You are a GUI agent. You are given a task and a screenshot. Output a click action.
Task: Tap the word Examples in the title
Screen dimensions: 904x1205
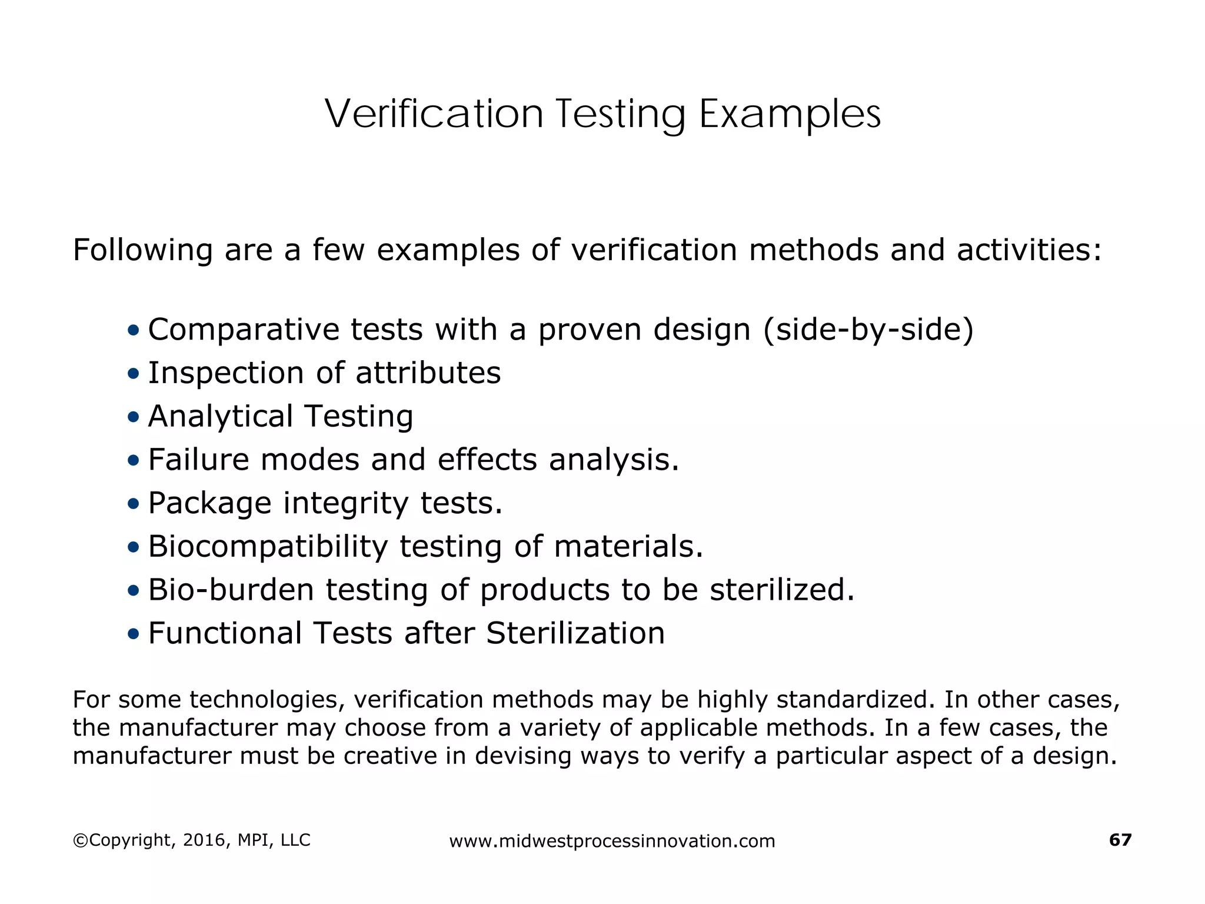[790, 114]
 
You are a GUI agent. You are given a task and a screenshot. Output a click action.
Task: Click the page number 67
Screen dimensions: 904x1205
[1120, 840]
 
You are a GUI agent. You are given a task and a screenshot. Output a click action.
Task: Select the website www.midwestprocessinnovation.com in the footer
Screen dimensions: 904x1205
[612, 841]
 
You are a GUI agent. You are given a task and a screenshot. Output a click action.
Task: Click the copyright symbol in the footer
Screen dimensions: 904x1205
[79, 840]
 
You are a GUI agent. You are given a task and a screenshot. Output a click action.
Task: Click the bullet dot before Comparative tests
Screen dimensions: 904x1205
[134, 330]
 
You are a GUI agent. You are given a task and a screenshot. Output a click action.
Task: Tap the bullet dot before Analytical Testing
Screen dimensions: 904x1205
[134, 417]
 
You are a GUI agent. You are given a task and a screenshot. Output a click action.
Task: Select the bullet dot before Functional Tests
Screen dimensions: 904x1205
[134, 634]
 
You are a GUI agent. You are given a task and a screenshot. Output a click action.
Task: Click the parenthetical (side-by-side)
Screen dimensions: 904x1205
[868, 330]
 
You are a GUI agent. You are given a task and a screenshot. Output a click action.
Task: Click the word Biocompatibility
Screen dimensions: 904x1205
[268, 547]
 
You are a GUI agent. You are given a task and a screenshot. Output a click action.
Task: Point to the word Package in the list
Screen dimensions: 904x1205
[209, 504]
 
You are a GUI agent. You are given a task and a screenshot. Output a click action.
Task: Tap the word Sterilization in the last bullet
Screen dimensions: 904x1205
[575, 633]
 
